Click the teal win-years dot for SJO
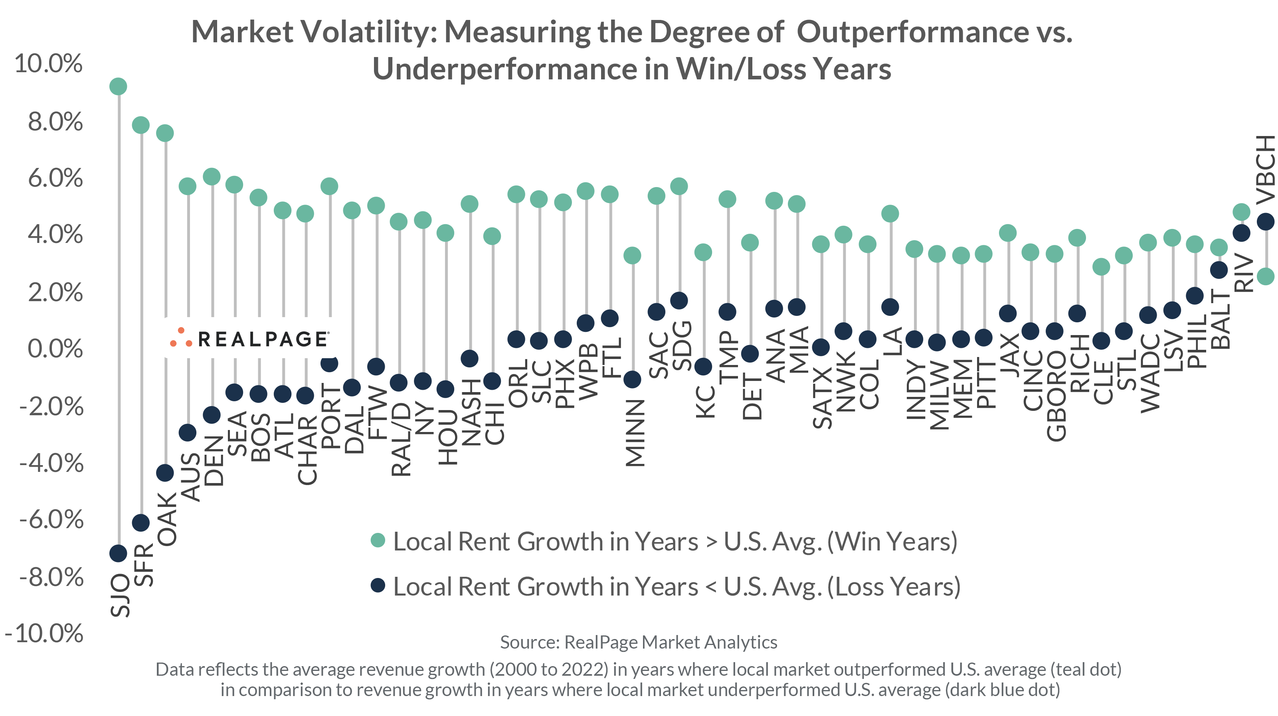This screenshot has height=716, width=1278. [x=118, y=86]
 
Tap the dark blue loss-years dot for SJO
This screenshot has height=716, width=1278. [x=118, y=553]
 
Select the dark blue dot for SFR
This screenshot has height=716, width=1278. [x=141, y=523]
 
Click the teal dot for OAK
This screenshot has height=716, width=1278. [x=165, y=133]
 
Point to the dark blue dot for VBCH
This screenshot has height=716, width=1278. [x=1266, y=222]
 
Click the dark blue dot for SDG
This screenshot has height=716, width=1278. [x=679, y=300]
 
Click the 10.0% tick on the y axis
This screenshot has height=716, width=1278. [x=49, y=64]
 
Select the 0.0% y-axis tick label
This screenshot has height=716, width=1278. [x=55, y=349]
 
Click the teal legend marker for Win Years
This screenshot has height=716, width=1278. [x=378, y=540]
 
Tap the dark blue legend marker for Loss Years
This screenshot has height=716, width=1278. [x=378, y=585]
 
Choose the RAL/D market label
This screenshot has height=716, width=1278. [x=401, y=439]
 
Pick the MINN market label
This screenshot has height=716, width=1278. [x=635, y=433]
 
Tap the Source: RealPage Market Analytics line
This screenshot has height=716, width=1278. [x=638, y=642]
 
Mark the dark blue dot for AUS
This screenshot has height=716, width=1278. [x=188, y=432]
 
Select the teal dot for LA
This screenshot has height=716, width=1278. [x=890, y=214]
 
